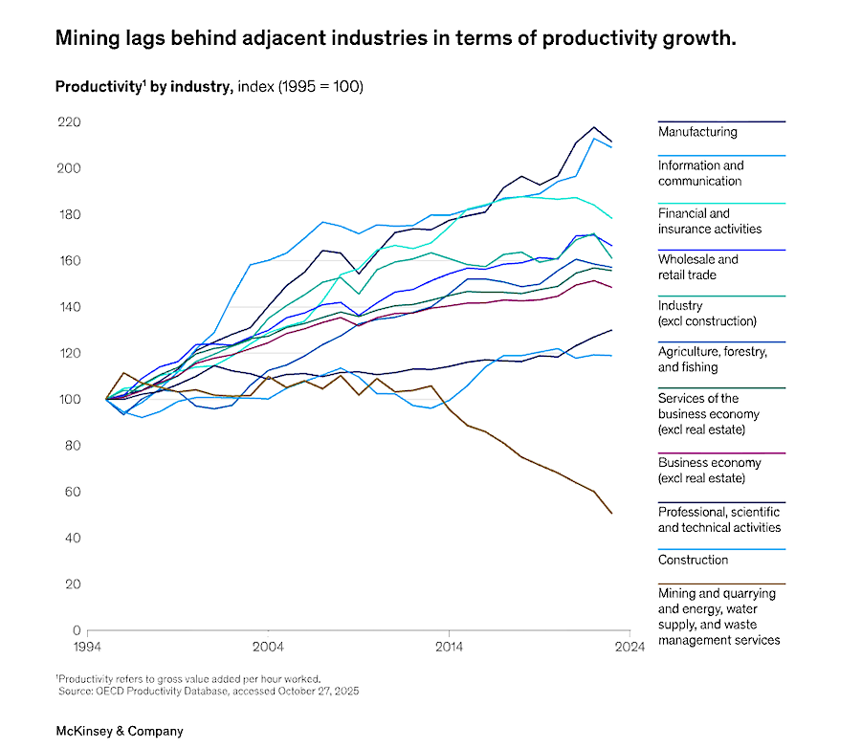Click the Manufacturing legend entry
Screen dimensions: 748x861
pos(697,132)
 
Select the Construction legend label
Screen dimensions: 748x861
pos(693,560)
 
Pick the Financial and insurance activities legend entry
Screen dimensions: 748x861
pos(709,221)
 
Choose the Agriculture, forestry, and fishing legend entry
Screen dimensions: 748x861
pos(712,359)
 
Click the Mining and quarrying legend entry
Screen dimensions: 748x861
pos(718,616)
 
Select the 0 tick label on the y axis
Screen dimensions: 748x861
pos(76,630)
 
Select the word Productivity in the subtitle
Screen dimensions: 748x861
pos(93,87)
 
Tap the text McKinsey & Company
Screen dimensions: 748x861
pos(119,731)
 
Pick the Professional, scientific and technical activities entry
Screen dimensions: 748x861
pos(718,519)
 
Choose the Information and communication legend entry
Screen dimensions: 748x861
pos(699,173)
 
